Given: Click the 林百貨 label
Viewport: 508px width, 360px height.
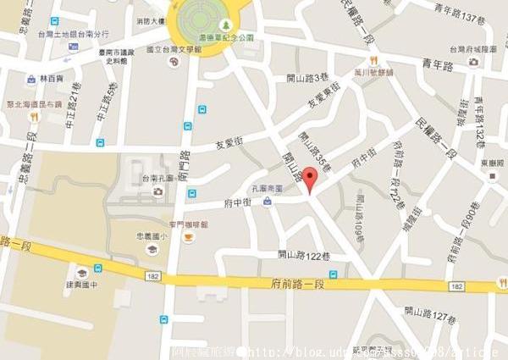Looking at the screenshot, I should (52, 78).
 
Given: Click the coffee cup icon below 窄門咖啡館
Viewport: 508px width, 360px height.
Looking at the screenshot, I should (188, 238).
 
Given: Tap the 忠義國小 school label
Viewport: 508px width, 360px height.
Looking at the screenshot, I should (152, 236).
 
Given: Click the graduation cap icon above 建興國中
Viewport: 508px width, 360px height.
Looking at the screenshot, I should (82, 273).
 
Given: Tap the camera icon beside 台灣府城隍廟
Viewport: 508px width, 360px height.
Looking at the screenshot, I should (473, 61).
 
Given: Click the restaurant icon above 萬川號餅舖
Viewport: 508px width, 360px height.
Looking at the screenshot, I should (372, 60).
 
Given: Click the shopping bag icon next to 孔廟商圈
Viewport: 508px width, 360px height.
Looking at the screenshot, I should (268, 201).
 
